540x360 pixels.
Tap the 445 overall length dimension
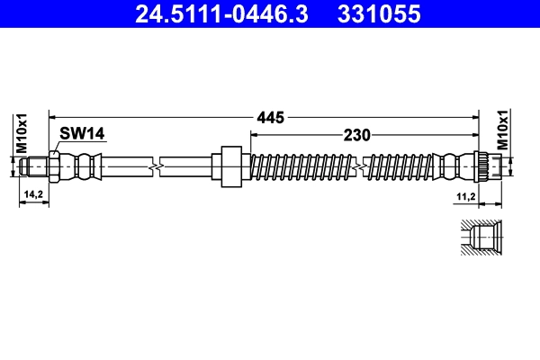271,116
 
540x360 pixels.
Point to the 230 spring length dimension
357,135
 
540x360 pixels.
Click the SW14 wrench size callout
82,133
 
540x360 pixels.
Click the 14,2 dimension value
33,193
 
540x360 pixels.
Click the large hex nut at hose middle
231,166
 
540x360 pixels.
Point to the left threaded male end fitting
35,166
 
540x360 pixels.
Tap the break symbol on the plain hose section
157,166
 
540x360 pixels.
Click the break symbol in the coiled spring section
360,166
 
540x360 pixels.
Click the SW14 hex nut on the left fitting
55,166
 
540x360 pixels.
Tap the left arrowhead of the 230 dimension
253,135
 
